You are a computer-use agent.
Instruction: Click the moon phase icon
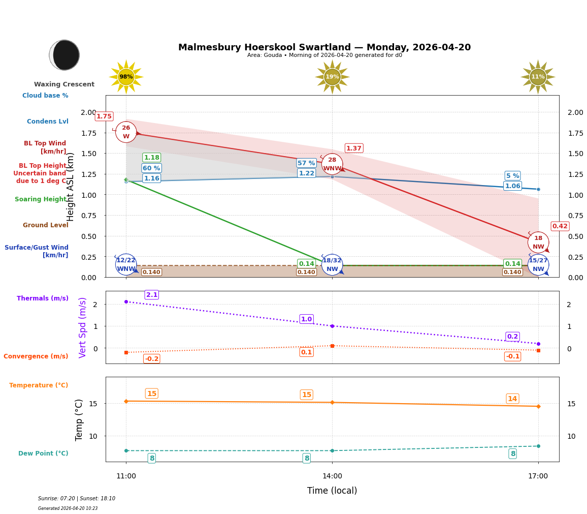[64, 55]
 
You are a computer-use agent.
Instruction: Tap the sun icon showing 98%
[126, 77]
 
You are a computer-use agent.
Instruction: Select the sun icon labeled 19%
[332, 77]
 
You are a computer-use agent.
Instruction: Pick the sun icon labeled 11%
[538, 77]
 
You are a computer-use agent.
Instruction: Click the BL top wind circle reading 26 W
[126, 132]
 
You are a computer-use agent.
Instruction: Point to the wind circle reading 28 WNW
[332, 164]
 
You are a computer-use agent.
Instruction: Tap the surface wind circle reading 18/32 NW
[332, 265]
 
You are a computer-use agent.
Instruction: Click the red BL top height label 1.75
[104, 116]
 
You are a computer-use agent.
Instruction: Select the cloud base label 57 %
[306, 163]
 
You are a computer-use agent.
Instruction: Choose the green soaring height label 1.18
[151, 158]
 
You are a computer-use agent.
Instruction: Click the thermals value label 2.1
[152, 295]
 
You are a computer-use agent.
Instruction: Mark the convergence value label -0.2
[152, 359]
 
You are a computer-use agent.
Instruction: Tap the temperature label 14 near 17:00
[512, 399]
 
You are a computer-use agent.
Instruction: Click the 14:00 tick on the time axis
[332, 476]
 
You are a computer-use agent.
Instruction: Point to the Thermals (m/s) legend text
[43, 298]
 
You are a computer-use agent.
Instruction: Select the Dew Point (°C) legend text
[43, 453]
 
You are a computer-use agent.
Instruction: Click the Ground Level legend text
[46, 225]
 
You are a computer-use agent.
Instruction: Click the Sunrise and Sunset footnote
[77, 499]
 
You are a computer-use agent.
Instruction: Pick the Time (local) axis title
[332, 491]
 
